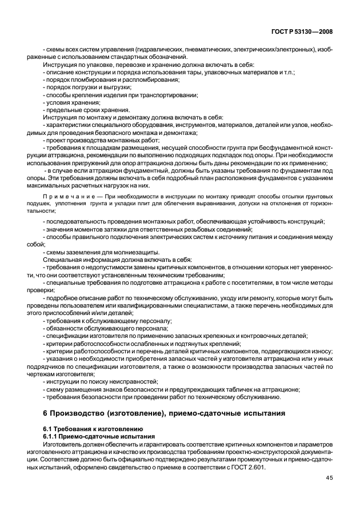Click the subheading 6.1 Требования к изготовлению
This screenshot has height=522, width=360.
[86, 429]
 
